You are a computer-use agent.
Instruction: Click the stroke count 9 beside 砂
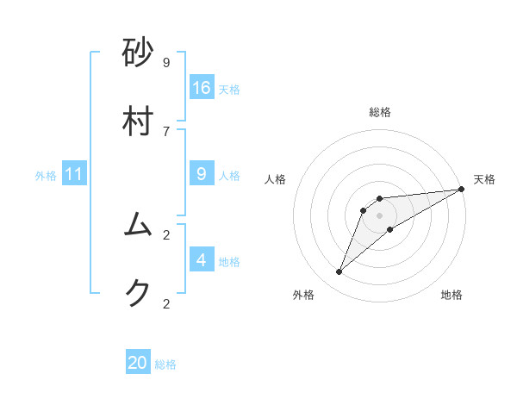click(x=166, y=62)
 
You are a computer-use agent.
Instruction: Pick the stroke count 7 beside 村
click(x=166, y=130)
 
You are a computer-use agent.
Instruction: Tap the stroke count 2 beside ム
click(x=166, y=234)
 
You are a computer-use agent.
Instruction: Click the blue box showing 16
click(x=202, y=87)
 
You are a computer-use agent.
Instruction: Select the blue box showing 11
click(x=74, y=174)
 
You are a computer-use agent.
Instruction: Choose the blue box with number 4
click(x=202, y=259)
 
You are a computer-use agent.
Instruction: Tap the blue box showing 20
click(x=138, y=363)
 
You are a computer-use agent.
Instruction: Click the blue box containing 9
click(x=202, y=174)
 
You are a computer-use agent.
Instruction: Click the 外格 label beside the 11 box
click(x=46, y=176)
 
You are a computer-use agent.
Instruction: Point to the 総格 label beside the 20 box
click(x=165, y=364)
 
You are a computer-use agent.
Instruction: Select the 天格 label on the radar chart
click(x=484, y=179)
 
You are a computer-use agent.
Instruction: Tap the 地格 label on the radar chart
click(x=452, y=295)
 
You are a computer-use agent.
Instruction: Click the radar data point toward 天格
click(x=461, y=189)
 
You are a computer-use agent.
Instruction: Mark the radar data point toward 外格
click(x=339, y=272)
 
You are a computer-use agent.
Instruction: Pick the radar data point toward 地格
click(x=390, y=228)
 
